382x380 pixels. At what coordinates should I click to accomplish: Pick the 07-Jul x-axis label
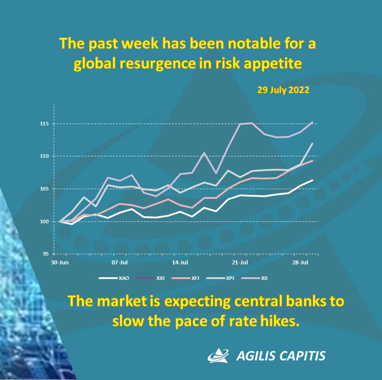pos(119,262)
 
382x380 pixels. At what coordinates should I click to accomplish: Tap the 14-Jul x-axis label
pos(180,262)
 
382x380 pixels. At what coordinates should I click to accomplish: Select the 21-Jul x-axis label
pos(240,262)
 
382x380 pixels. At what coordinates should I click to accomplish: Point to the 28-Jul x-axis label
pos(300,262)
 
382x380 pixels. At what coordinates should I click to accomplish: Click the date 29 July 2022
pos(283,89)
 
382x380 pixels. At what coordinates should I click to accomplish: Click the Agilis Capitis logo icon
pos(219,355)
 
